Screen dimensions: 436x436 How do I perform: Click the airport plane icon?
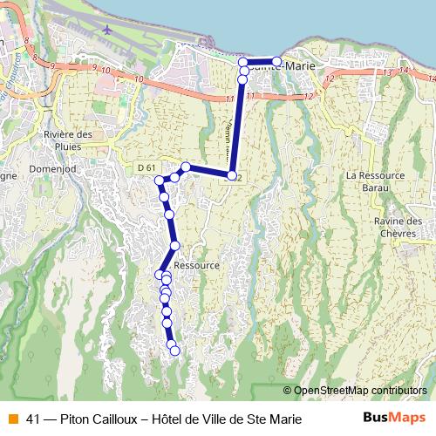pyautogui.click(x=106, y=28)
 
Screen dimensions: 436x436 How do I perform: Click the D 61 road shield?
pyautogui.click(x=146, y=167)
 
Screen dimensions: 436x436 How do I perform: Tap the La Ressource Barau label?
pyautogui.click(x=375, y=180)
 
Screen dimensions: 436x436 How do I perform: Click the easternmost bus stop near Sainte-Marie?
pyautogui.click(x=276, y=62)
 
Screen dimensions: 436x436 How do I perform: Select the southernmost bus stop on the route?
pyautogui.click(x=174, y=351)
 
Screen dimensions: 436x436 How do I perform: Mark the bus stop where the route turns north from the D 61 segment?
pyautogui.click(x=231, y=176)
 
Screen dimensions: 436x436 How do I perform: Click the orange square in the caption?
pyautogui.click(x=12, y=419)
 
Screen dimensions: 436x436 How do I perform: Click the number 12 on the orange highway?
pyautogui.click(x=328, y=79)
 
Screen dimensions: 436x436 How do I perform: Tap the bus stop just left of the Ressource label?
pyautogui.click(x=174, y=245)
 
